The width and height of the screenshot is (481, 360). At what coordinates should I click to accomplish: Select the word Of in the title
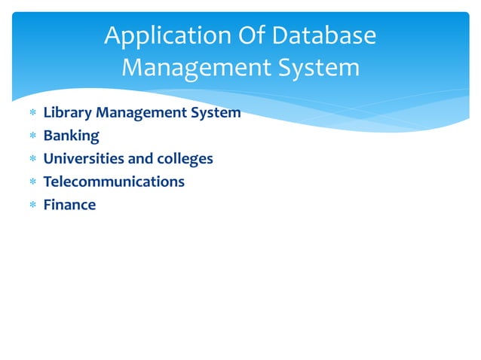[250, 35]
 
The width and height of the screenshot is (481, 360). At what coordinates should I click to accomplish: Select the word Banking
[71, 136]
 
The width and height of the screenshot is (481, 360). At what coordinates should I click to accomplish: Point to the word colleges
[185, 159]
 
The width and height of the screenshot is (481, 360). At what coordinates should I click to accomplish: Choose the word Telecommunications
[114, 182]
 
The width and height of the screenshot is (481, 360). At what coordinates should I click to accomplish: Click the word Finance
[69, 204]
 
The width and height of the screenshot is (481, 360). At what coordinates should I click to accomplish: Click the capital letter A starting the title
[113, 35]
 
